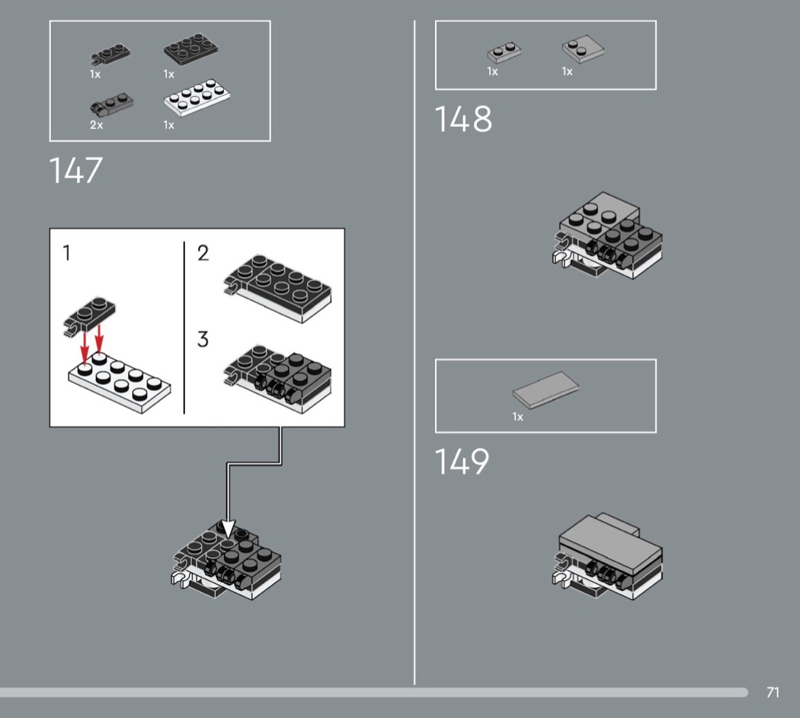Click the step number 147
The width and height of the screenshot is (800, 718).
[x=75, y=170]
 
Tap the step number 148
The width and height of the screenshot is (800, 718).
[x=463, y=119]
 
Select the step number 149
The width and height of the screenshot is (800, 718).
[x=462, y=461]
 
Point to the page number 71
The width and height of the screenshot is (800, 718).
[x=773, y=692]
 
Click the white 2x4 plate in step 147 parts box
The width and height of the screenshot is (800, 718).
[x=197, y=97]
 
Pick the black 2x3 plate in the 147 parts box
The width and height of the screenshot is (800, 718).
[x=190, y=50]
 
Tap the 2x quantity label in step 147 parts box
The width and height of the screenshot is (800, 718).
[x=97, y=125]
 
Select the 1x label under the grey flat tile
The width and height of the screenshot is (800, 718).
[x=518, y=417]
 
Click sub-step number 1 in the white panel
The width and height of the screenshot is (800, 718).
[x=66, y=252]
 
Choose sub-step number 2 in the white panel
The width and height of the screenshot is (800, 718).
[x=203, y=253]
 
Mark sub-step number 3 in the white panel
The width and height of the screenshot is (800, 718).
[x=203, y=339]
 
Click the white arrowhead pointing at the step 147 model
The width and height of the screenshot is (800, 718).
[x=228, y=529]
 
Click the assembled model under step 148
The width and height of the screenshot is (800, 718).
[x=607, y=235]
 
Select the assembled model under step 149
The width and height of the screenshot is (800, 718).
[x=607, y=556]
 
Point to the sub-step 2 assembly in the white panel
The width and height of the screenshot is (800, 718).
[x=277, y=288]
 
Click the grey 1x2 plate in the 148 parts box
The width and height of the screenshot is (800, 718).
[x=504, y=53]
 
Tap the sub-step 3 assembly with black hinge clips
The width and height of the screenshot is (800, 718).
[x=277, y=379]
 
